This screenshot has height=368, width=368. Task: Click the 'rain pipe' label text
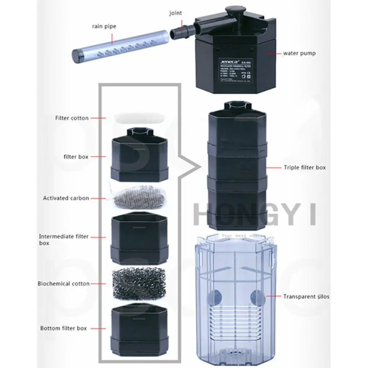click(x=102, y=26)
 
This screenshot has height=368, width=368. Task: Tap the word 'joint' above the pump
click(x=175, y=13)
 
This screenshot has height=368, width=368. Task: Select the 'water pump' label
click(x=300, y=53)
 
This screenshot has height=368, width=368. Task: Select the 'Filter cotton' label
click(x=72, y=118)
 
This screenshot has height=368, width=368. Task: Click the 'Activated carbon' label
click(x=66, y=198)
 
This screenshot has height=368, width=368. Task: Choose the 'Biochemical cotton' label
click(x=64, y=283)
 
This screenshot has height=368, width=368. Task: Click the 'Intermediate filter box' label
click(x=64, y=239)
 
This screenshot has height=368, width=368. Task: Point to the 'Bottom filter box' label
click(x=64, y=328)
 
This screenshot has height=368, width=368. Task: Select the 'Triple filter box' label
click(x=305, y=168)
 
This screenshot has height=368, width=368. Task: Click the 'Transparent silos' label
click(x=306, y=297)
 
